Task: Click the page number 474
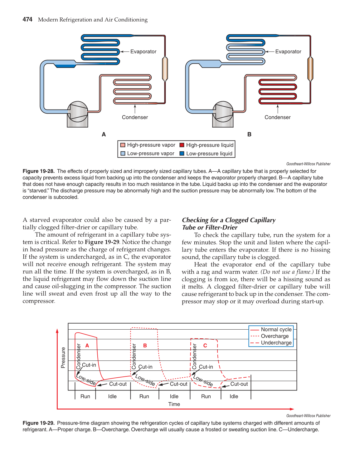(x=27, y=19)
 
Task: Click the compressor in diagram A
(x=77, y=112)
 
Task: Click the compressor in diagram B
(x=223, y=112)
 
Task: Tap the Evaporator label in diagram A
(x=143, y=51)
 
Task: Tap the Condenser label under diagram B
(x=277, y=117)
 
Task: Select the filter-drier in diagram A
(x=165, y=68)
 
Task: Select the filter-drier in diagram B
(x=310, y=68)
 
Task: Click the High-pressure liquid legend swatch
(x=182, y=145)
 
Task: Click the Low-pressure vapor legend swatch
(x=123, y=154)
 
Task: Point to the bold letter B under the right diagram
(x=249, y=135)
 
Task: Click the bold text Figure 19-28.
(x=38, y=171)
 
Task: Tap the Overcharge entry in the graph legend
(x=275, y=336)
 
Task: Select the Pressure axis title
(x=63, y=358)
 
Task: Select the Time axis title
(x=174, y=404)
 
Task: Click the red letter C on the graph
(x=205, y=346)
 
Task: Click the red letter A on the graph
(x=87, y=346)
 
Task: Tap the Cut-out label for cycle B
(x=178, y=384)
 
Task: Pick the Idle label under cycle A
(x=112, y=396)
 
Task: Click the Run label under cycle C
(x=206, y=396)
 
